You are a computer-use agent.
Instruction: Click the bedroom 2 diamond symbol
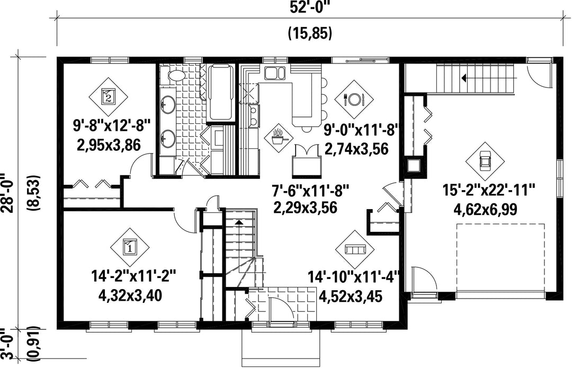tap(109, 96)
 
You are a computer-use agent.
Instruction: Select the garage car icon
tap(485, 161)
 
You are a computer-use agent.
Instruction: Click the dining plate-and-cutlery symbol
tap(354, 99)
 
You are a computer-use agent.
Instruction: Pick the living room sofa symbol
tap(355, 249)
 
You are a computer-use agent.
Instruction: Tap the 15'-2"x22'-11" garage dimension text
tap(488, 190)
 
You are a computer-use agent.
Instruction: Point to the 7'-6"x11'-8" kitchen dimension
tap(310, 190)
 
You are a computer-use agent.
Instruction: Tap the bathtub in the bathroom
tap(220, 92)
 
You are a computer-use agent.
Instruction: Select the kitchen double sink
tap(274, 73)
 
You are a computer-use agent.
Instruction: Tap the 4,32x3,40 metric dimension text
tap(130, 295)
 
